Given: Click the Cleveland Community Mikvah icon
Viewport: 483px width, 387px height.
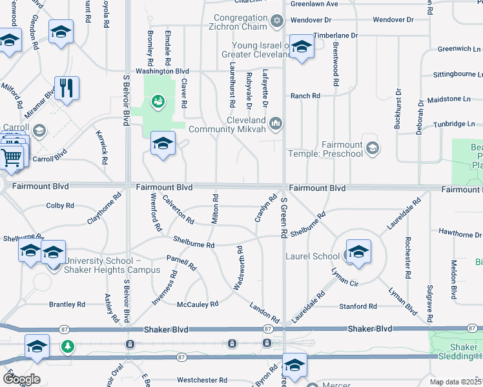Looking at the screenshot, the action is [x=276, y=123].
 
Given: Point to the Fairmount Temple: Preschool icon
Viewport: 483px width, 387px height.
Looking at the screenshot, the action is [x=372, y=149].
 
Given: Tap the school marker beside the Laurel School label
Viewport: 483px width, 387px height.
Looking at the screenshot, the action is [x=358, y=252].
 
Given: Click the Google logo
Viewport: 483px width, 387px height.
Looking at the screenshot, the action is [x=21, y=379].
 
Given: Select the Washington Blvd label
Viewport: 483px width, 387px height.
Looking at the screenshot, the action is [x=161, y=71].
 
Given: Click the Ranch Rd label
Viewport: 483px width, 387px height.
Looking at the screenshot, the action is [x=305, y=95].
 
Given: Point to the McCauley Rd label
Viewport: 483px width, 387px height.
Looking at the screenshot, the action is [x=198, y=304].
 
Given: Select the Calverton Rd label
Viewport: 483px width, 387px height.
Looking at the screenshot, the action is [x=178, y=210].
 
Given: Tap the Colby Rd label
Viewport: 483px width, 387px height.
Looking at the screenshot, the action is [x=60, y=206].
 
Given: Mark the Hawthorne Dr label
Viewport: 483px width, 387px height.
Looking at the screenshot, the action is [x=460, y=232].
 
